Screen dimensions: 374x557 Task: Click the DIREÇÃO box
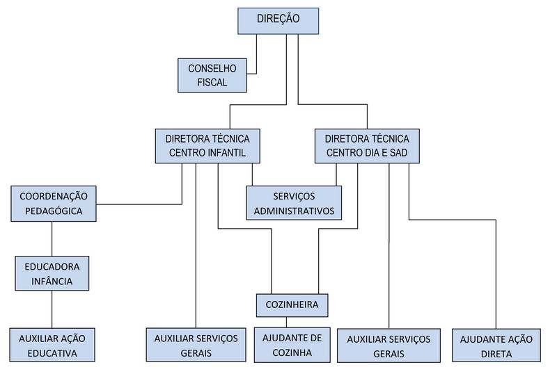click(x=278, y=20)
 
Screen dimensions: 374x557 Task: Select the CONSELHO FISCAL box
click(x=212, y=75)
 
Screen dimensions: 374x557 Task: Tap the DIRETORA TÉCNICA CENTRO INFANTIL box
click(x=207, y=145)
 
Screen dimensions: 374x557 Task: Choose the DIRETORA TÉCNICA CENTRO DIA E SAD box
click(x=367, y=145)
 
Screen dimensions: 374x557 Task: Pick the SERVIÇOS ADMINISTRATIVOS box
click(x=293, y=202)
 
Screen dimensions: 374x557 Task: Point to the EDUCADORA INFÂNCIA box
click(x=52, y=273)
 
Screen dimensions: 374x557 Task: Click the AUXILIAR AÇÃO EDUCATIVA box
click(x=52, y=345)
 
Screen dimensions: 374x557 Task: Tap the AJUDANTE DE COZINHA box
click(x=292, y=345)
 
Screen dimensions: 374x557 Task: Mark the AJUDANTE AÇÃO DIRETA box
click(x=496, y=345)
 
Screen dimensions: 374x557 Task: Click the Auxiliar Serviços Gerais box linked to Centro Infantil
click(x=196, y=345)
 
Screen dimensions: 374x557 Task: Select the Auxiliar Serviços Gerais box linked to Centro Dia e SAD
click(x=388, y=345)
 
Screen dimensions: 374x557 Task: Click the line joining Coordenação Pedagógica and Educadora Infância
click(x=52, y=238)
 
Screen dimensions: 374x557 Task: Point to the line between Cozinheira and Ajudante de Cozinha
click(x=287, y=321)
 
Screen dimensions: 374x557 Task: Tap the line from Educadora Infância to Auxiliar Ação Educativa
click(x=52, y=309)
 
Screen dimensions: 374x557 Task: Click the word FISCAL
click(x=212, y=82)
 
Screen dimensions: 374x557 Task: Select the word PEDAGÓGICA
click(x=52, y=210)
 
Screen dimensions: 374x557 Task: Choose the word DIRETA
click(x=496, y=353)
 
